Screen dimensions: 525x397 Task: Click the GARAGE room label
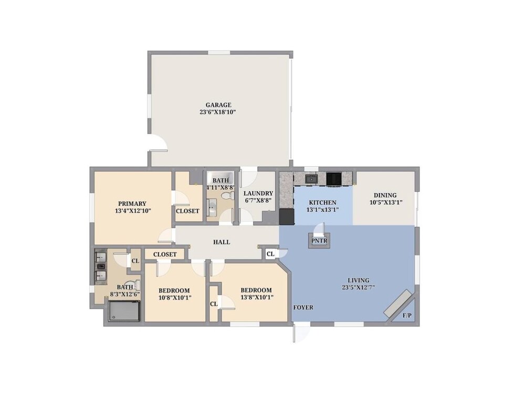click(218, 105)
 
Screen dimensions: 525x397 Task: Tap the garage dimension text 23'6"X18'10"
click(218, 112)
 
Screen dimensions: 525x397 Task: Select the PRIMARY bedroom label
click(132, 204)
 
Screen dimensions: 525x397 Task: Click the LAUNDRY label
click(258, 193)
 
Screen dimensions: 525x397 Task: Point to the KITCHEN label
click(322, 203)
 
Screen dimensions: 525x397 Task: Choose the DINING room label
click(385, 195)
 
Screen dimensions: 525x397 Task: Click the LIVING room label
click(358, 280)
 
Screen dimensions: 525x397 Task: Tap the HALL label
click(222, 242)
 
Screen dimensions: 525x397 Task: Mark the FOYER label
click(303, 307)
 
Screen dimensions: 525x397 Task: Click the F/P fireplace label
click(407, 315)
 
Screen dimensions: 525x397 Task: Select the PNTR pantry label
click(319, 241)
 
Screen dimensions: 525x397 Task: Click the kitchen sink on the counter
click(312, 179)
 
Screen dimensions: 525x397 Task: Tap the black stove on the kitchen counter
click(334, 179)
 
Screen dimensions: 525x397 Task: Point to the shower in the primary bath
click(124, 311)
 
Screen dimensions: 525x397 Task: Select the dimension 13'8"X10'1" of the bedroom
click(256, 297)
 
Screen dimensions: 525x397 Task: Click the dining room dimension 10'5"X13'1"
click(386, 202)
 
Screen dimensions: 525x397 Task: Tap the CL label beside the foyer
click(270, 254)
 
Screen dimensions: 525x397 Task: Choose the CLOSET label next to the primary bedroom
click(187, 211)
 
